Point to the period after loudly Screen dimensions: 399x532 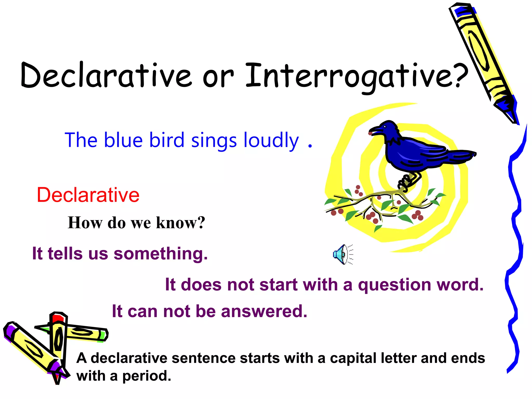point(310,146)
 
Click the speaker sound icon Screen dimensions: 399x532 point(342,254)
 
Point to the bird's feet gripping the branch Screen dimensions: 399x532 point(405,182)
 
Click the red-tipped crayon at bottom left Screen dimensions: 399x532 point(58,338)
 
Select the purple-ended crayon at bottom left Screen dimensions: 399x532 point(29,345)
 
